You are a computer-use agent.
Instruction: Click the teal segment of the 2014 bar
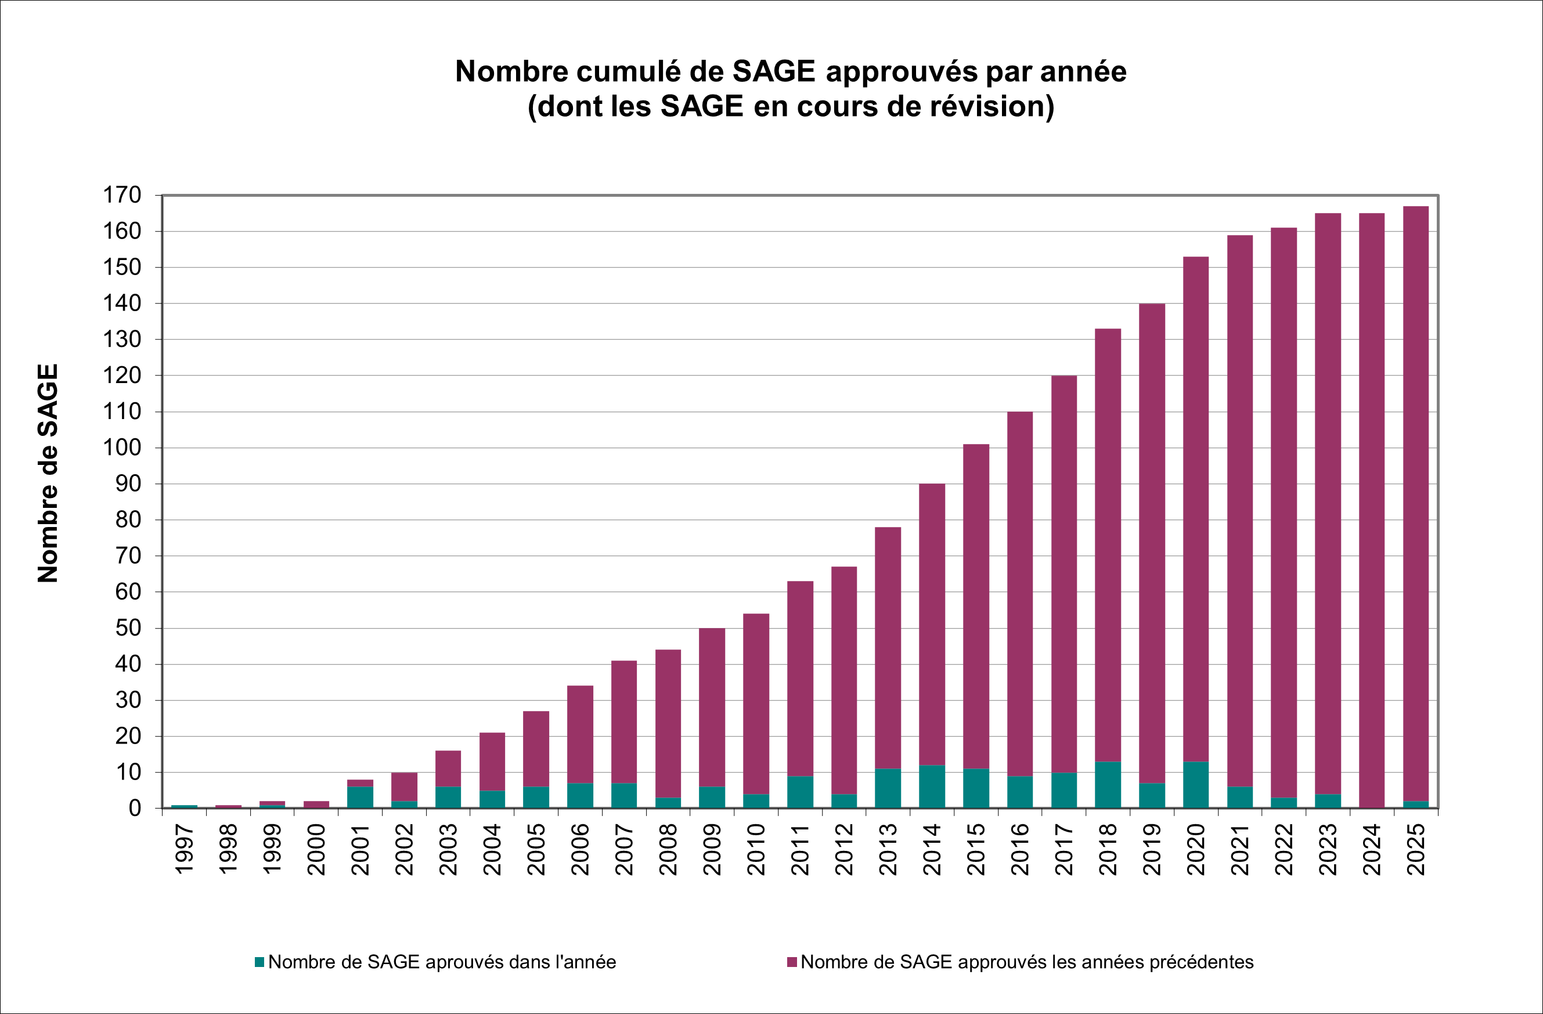click(x=932, y=786)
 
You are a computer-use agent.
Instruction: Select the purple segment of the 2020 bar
click(x=1195, y=509)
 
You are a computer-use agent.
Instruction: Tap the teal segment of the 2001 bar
click(x=360, y=797)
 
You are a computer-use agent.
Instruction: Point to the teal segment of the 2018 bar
click(x=1108, y=785)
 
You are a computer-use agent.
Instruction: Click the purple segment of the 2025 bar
click(x=1416, y=503)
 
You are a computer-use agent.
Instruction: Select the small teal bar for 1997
click(x=184, y=806)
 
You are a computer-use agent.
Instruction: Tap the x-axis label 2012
click(x=844, y=849)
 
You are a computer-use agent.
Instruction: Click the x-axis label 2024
click(x=1372, y=849)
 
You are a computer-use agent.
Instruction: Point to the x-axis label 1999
click(x=272, y=849)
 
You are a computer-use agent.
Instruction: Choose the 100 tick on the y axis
click(x=122, y=448)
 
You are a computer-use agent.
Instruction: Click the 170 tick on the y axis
click(x=122, y=194)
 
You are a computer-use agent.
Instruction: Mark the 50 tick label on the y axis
click(x=128, y=627)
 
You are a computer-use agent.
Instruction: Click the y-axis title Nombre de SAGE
click(x=48, y=473)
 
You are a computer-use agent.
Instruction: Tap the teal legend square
click(x=259, y=962)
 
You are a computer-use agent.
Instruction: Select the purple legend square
click(x=792, y=962)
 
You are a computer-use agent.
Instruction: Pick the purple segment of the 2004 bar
click(x=492, y=761)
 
